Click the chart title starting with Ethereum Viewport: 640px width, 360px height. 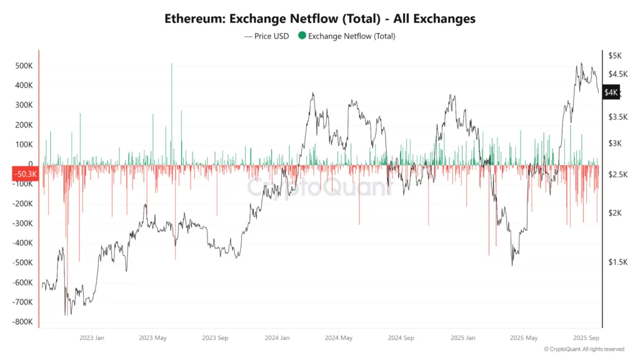click(x=319, y=19)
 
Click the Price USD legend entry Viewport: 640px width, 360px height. click(x=267, y=36)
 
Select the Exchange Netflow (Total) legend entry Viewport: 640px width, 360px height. click(x=351, y=36)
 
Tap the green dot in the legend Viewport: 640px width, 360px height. click(x=302, y=36)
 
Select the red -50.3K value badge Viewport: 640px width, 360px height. click(x=25, y=174)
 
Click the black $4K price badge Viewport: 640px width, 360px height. click(x=611, y=92)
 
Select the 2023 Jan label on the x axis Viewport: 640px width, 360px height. click(x=91, y=337)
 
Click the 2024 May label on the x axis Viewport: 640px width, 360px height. click(x=338, y=337)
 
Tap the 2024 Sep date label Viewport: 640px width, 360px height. click(x=401, y=337)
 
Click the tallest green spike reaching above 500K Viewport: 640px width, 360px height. click(x=172, y=64)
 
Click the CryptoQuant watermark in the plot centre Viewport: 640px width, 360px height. click(x=319, y=187)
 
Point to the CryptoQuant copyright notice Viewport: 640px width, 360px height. click(x=584, y=349)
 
